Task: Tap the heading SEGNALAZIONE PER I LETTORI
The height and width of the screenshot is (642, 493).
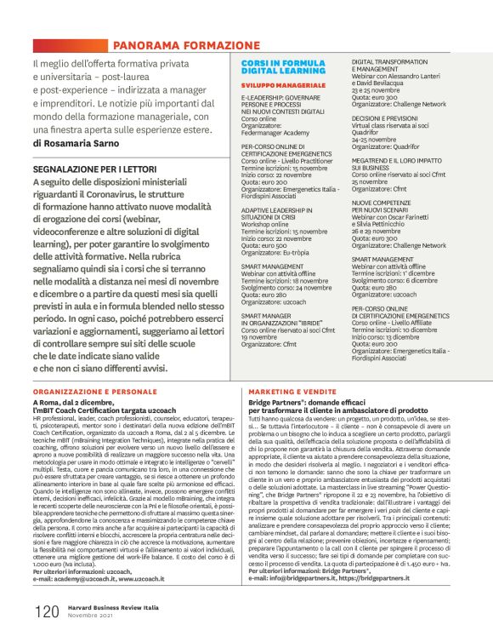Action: click(104, 169)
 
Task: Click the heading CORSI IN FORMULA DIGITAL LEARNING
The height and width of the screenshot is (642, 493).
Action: click(276, 70)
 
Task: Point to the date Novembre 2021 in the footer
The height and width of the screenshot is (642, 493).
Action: click(86, 616)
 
